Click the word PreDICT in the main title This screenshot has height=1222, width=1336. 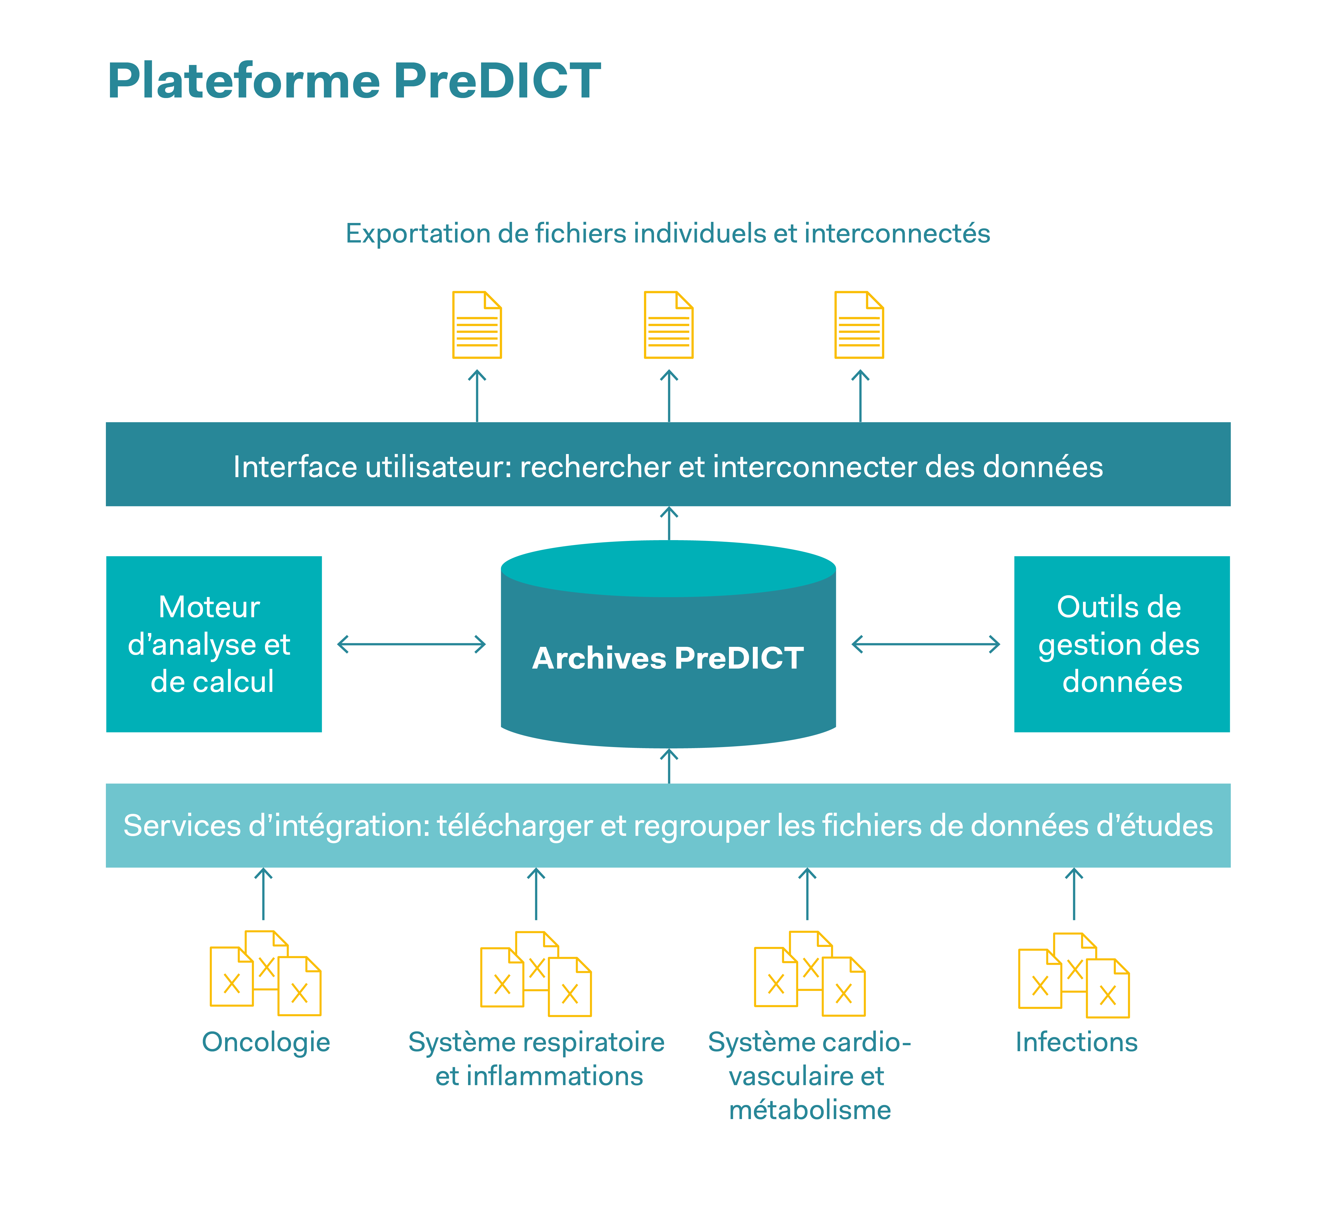tap(497, 81)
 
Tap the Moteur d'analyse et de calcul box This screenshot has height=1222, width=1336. tap(213, 644)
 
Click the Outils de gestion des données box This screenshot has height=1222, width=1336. tap(1121, 644)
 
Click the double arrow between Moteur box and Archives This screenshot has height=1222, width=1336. tap(412, 644)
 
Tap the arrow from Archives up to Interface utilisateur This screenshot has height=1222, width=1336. tap(669, 524)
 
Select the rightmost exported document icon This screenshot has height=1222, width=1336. tap(859, 325)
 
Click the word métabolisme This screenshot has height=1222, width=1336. tap(810, 1110)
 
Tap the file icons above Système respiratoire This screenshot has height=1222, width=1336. tap(535, 974)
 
